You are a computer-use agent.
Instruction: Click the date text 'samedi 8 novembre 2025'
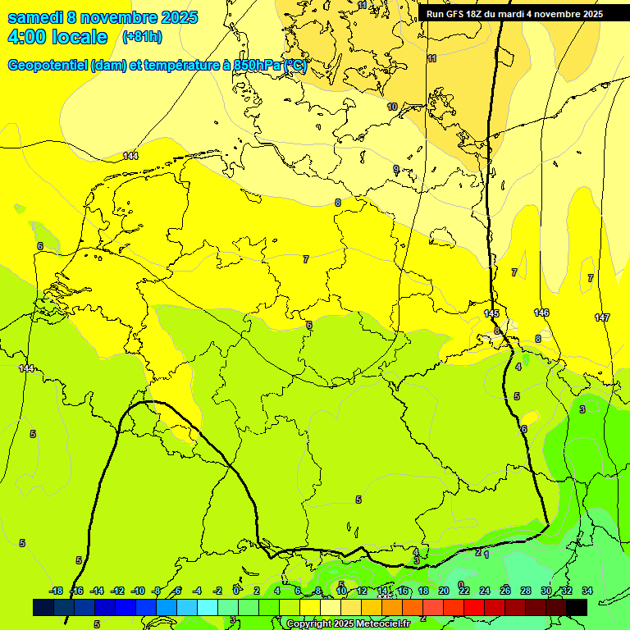click(x=103, y=17)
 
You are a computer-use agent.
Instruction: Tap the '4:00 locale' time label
click(x=57, y=37)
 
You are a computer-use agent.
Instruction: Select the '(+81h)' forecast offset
click(x=142, y=37)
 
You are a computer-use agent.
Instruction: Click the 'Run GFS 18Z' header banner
click(x=514, y=14)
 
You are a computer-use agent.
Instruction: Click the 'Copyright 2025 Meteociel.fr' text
click(x=348, y=624)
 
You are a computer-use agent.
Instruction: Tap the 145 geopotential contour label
click(x=491, y=314)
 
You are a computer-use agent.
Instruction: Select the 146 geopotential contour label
click(x=541, y=313)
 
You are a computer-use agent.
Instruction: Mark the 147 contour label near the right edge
click(x=602, y=317)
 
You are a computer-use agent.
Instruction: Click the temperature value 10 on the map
click(x=392, y=107)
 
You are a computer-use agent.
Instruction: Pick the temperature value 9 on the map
click(x=396, y=169)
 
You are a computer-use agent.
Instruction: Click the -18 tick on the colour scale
click(x=56, y=591)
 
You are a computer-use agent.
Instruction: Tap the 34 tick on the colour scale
click(x=587, y=591)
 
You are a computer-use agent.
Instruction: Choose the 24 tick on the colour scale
click(x=485, y=591)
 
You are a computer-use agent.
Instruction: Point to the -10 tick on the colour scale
click(x=138, y=591)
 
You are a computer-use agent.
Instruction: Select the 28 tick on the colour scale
click(x=526, y=591)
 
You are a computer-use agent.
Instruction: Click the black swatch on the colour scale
click(x=577, y=607)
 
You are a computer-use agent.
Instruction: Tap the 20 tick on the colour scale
click(x=444, y=591)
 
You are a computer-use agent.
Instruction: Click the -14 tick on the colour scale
click(x=97, y=591)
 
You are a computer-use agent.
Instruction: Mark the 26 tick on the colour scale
click(x=505, y=591)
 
